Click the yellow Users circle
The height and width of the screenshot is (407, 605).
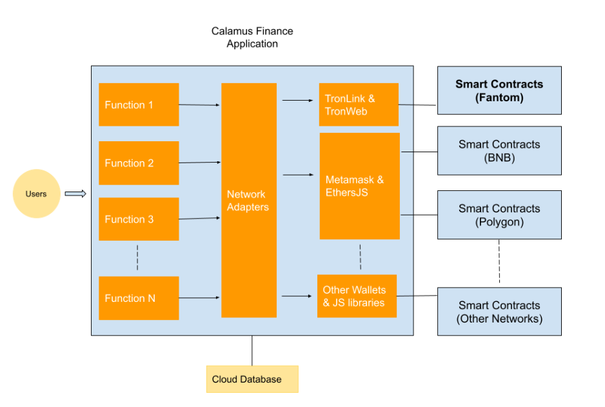[37, 194]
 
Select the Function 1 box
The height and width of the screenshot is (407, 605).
[139, 104]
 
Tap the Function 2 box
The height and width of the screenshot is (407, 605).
[139, 163]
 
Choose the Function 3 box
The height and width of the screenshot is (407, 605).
[139, 219]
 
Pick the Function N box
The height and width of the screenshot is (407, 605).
[139, 298]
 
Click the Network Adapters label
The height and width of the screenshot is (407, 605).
[248, 201]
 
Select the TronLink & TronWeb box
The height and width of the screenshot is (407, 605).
[359, 104]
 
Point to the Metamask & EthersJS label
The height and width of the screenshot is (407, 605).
[355, 186]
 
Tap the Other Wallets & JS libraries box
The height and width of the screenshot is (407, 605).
[357, 296]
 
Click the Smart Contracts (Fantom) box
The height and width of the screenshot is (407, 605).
[499, 90]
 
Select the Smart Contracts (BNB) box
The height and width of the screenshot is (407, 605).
[499, 150]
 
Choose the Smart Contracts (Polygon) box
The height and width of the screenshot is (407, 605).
[499, 215]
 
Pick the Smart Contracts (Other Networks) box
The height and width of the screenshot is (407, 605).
[499, 312]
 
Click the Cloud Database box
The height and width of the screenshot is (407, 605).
[252, 379]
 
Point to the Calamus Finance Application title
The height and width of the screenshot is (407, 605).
[252, 37]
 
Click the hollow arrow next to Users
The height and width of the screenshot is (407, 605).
[75, 194]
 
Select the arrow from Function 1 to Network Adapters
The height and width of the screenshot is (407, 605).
[199, 104]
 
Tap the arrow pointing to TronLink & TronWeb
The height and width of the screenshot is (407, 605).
[297, 101]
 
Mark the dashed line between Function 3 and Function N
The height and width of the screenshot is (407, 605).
[137, 257]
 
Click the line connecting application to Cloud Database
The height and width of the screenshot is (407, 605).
[252, 351]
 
